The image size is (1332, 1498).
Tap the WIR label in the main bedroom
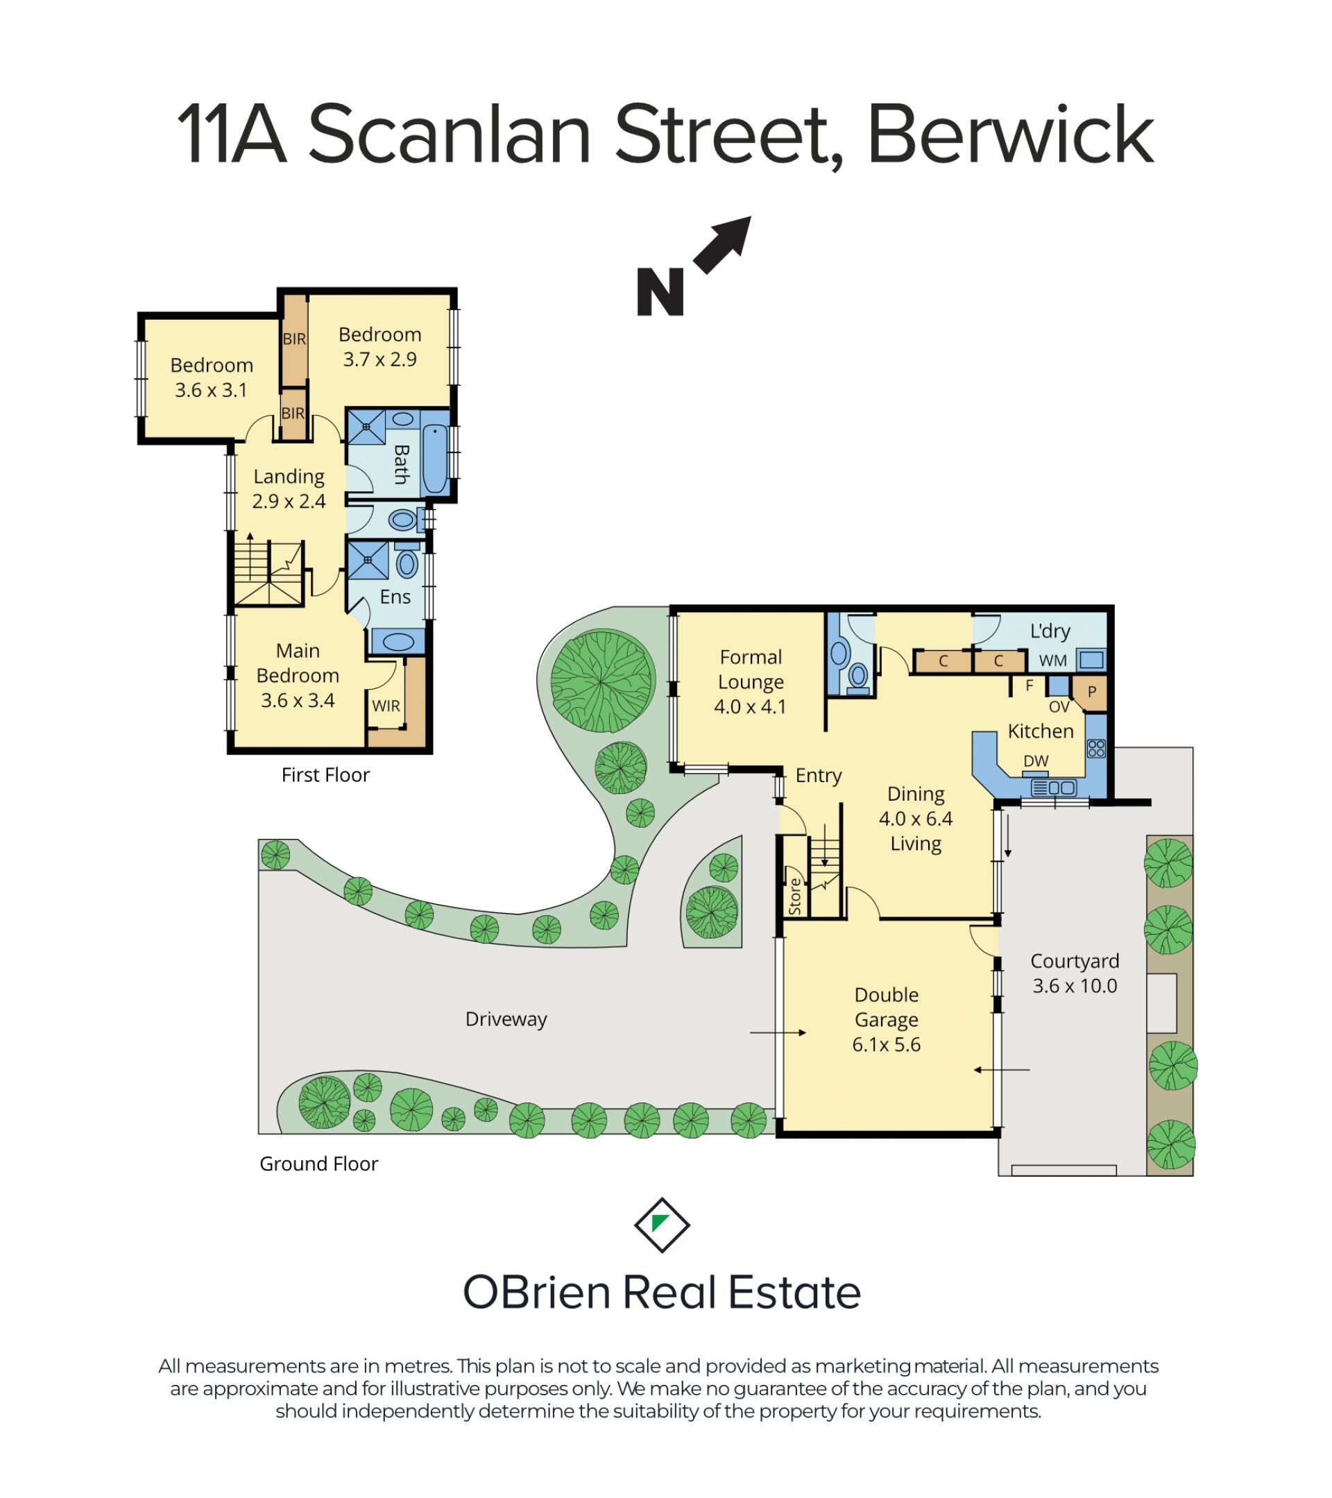click(x=386, y=706)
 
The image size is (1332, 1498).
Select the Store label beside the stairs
click(x=795, y=896)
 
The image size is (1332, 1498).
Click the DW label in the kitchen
click(x=1036, y=760)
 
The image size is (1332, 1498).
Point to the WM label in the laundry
click(x=1053, y=661)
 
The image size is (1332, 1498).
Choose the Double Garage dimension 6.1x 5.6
click(x=887, y=1044)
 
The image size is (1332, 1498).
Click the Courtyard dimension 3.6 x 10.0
click(x=1075, y=986)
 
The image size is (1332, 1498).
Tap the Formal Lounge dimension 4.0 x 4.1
click(x=750, y=706)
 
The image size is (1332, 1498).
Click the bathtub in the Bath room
click(x=435, y=459)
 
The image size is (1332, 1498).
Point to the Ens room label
click(x=395, y=597)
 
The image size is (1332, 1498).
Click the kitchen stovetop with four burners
click(x=1096, y=748)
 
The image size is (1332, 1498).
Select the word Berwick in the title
click(x=1010, y=135)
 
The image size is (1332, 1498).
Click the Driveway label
click(x=506, y=1019)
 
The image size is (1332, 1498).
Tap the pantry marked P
click(x=1091, y=692)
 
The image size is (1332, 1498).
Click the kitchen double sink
click(x=1054, y=788)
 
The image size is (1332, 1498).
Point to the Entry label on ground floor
click(x=819, y=776)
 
